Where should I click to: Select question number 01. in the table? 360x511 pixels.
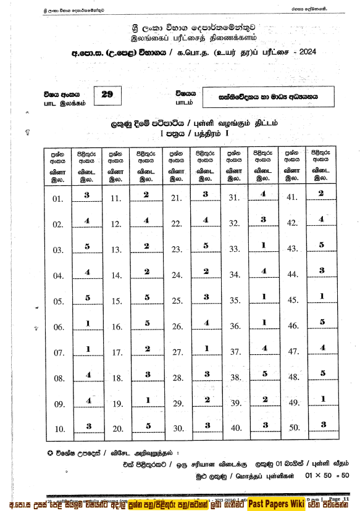[59, 199]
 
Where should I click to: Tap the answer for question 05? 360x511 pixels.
[87, 297]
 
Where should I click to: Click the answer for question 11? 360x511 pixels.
[146, 194]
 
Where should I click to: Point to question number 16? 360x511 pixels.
[116, 326]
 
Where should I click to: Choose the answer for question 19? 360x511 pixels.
[146, 400]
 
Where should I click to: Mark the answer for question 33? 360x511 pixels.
[263, 245]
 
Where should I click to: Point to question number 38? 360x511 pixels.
[235, 377]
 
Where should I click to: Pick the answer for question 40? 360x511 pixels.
[264, 425]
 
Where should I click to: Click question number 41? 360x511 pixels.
[292, 198]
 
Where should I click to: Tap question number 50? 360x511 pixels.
[293, 428]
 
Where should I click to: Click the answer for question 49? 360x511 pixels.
[322, 399]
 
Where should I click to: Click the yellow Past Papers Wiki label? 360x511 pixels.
[276, 504]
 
